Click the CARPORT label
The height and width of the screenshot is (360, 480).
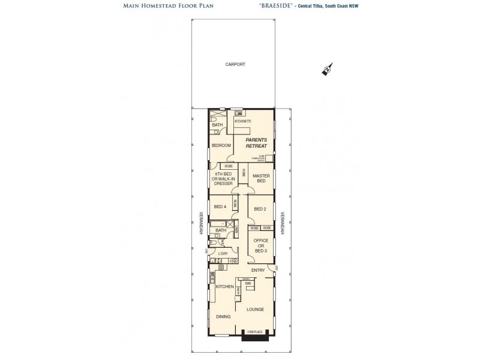236,64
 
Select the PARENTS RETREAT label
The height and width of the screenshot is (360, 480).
256,142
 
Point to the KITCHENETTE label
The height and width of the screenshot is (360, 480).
242,122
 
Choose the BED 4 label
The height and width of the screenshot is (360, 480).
220,207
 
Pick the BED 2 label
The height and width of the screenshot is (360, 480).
260,209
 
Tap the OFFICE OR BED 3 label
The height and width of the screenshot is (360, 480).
260,245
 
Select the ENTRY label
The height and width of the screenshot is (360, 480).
258,271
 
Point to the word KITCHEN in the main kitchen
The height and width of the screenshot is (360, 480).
224,287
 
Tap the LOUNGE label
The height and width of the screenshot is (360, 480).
255,309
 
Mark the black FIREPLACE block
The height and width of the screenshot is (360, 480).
251,335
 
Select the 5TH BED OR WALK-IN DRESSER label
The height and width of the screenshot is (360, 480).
223,179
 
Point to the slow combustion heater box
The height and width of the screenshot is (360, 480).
261,158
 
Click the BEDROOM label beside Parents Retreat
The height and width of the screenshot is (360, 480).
221,146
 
